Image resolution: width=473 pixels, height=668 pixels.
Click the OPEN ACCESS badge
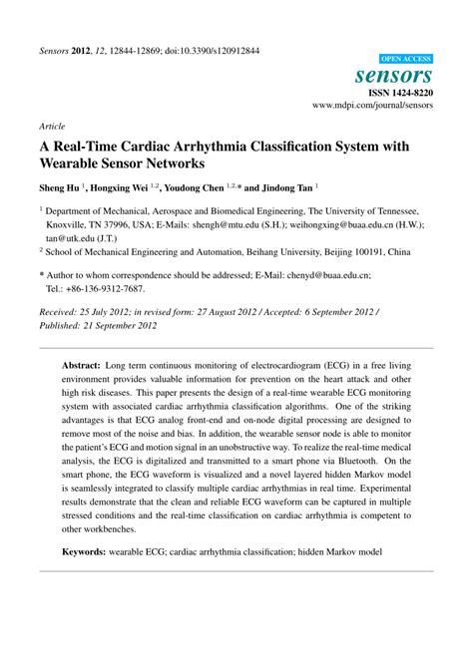click(406, 60)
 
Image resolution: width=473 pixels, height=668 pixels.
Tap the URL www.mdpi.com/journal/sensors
click(372, 104)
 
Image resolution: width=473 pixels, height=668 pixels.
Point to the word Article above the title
click(52, 128)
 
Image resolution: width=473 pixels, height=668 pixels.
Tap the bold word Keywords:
click(90, 550)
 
